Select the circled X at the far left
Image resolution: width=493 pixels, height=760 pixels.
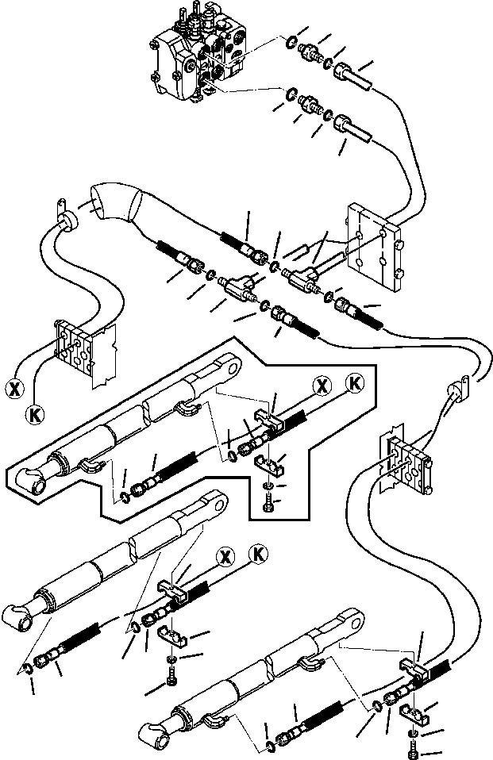pos(13,389)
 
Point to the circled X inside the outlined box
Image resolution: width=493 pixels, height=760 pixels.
pos(321,386)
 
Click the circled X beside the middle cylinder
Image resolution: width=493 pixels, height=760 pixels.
pos(227,555)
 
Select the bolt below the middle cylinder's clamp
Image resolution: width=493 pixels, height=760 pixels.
pos(172,675)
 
